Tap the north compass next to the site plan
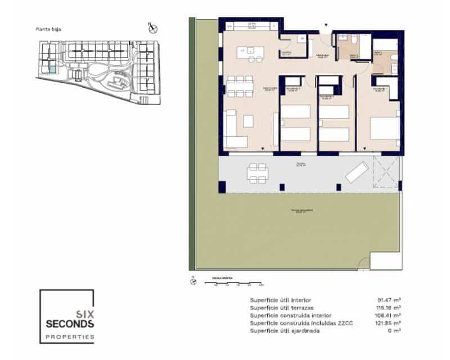151,28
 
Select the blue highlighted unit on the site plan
51,70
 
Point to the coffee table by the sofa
248,121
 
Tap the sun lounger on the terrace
357,172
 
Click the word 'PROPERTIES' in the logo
70,336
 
